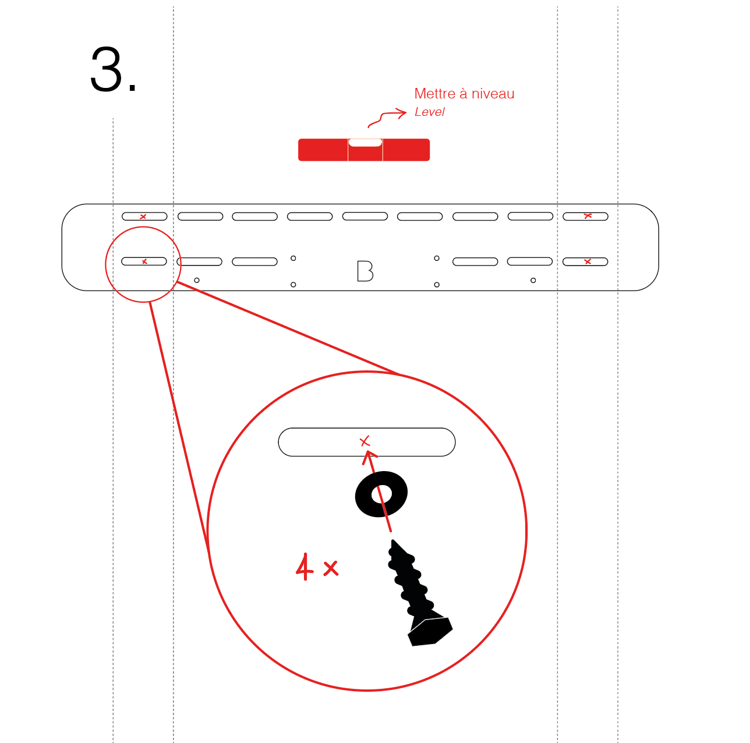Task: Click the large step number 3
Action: click(106, 69)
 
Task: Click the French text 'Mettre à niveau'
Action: click(464, 93)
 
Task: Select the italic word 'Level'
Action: click(429, 112)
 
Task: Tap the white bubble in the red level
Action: click(365, 143)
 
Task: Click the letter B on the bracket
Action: click(365, 271)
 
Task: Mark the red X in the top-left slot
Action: click(143, 217)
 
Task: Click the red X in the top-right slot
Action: click(588, 215)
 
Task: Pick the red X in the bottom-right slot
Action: click(588, 261)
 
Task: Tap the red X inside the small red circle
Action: click(144, 261)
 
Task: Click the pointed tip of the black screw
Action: click(392, 540)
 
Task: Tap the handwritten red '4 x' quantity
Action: click(317, 567)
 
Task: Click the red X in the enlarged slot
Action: click(365, 441)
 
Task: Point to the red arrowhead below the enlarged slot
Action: click(369, 455)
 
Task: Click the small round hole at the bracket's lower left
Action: click(197, 280)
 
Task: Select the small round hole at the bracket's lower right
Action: click(533, 280)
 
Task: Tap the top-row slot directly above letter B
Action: click(365, 216)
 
